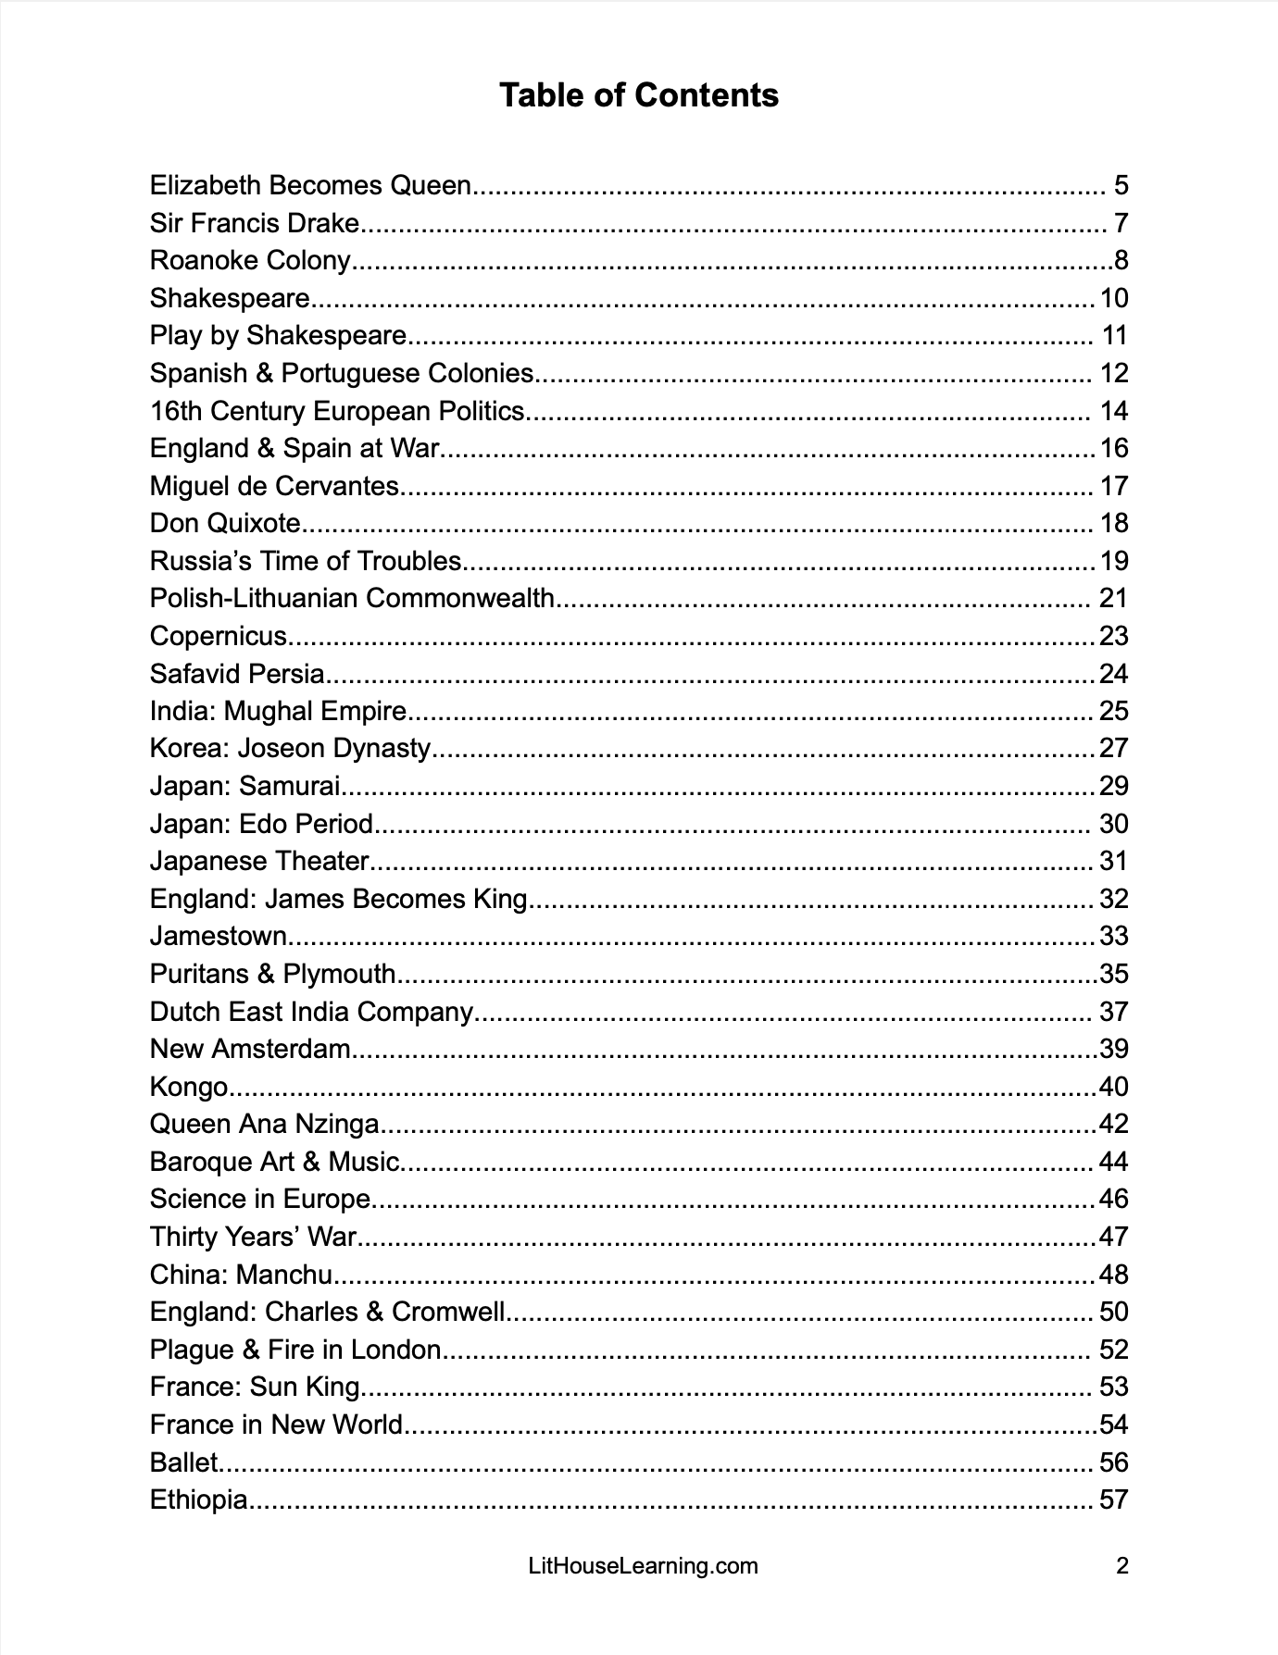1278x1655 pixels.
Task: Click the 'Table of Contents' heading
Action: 638,95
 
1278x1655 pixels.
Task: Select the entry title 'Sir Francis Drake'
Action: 254,223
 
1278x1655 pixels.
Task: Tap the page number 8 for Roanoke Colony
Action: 1121,260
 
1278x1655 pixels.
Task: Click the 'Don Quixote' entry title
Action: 225,523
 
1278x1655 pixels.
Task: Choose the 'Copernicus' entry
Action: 219,636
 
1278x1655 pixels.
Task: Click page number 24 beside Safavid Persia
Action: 1113,673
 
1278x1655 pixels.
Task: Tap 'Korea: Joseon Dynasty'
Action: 290,748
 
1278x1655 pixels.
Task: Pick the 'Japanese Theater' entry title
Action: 259,861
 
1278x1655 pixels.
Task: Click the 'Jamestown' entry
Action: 219,936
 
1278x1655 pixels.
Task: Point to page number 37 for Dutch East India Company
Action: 1113,1012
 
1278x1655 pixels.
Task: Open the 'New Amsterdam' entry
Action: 250,1049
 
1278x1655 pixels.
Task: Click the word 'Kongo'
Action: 189,1087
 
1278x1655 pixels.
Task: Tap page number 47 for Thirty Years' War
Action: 1113,1237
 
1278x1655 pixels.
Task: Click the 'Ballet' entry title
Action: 183,1462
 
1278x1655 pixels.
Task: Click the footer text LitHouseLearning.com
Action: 642,1566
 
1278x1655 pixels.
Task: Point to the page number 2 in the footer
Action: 1122,1566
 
